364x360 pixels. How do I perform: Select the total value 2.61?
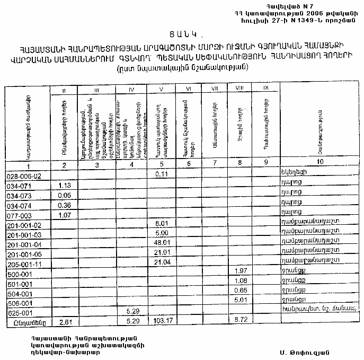click(66, 322)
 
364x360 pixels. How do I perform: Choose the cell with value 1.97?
click(241, 271)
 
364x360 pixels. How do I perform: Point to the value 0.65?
click(241, 291)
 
